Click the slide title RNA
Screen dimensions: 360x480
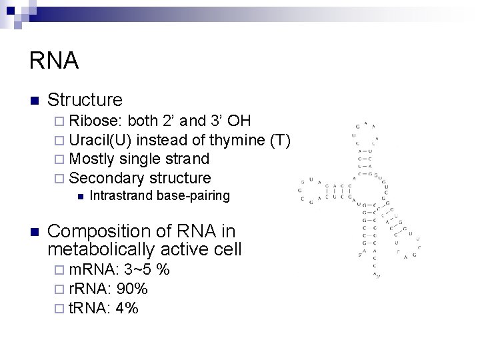(x=54, y=61)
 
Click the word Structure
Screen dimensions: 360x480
(x=85, y=100)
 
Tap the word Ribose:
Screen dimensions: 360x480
(x=96, y=121)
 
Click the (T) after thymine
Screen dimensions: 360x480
(x=281, y=140)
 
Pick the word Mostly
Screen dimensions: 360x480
(x=91, y=159)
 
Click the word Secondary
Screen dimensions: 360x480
(x=107, y=178)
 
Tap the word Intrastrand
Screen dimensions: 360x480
(x=122, y=196)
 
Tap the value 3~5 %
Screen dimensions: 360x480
(x=147, y=270)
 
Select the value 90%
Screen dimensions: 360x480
(x=132, y=289)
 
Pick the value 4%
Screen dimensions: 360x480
(x=127, y=307)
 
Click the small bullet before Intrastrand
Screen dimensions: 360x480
(x=79, y=197)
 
